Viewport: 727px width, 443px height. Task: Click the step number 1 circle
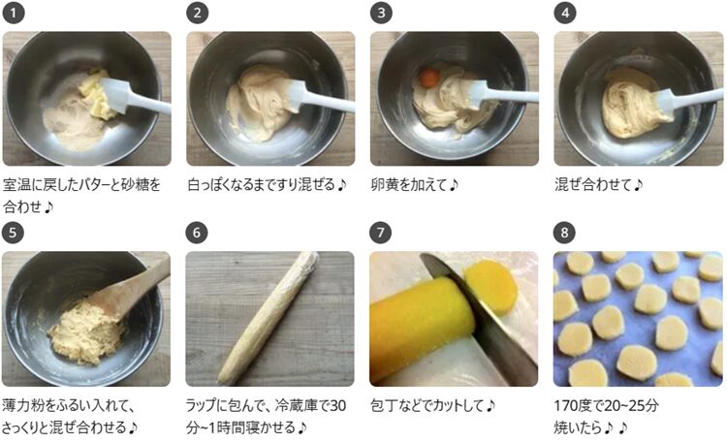(x=13, y=13)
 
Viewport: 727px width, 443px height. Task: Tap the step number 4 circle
(x=565, y=13)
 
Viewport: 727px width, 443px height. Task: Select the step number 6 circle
(x=197, y=233)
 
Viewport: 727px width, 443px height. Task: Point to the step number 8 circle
(x=564, y=233)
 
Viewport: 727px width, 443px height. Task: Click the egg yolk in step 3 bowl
(x=428, y=78)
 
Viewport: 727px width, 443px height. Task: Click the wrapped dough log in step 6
(x=269, y=318)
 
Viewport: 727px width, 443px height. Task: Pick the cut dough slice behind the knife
(x=491, y=286)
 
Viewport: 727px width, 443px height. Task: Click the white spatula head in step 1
(x=112, y=94)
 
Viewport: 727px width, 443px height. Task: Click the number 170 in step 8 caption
(x=565, y=406)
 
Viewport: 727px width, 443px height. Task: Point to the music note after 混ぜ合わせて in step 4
(x=638, y=185)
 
